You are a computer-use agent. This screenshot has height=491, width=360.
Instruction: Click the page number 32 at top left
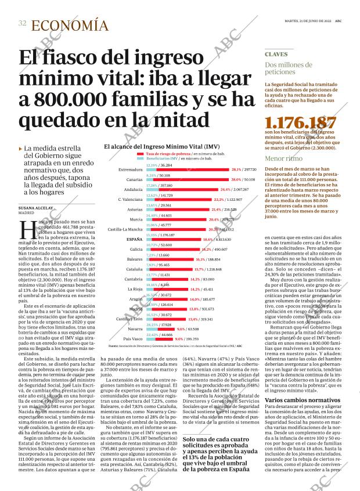(22, 23)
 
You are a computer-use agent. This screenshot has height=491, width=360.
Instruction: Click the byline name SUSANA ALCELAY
(36, 207)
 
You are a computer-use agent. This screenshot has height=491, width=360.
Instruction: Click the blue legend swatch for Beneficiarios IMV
(141, 158)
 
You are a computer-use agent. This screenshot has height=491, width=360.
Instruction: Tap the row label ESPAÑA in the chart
(135, 239)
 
